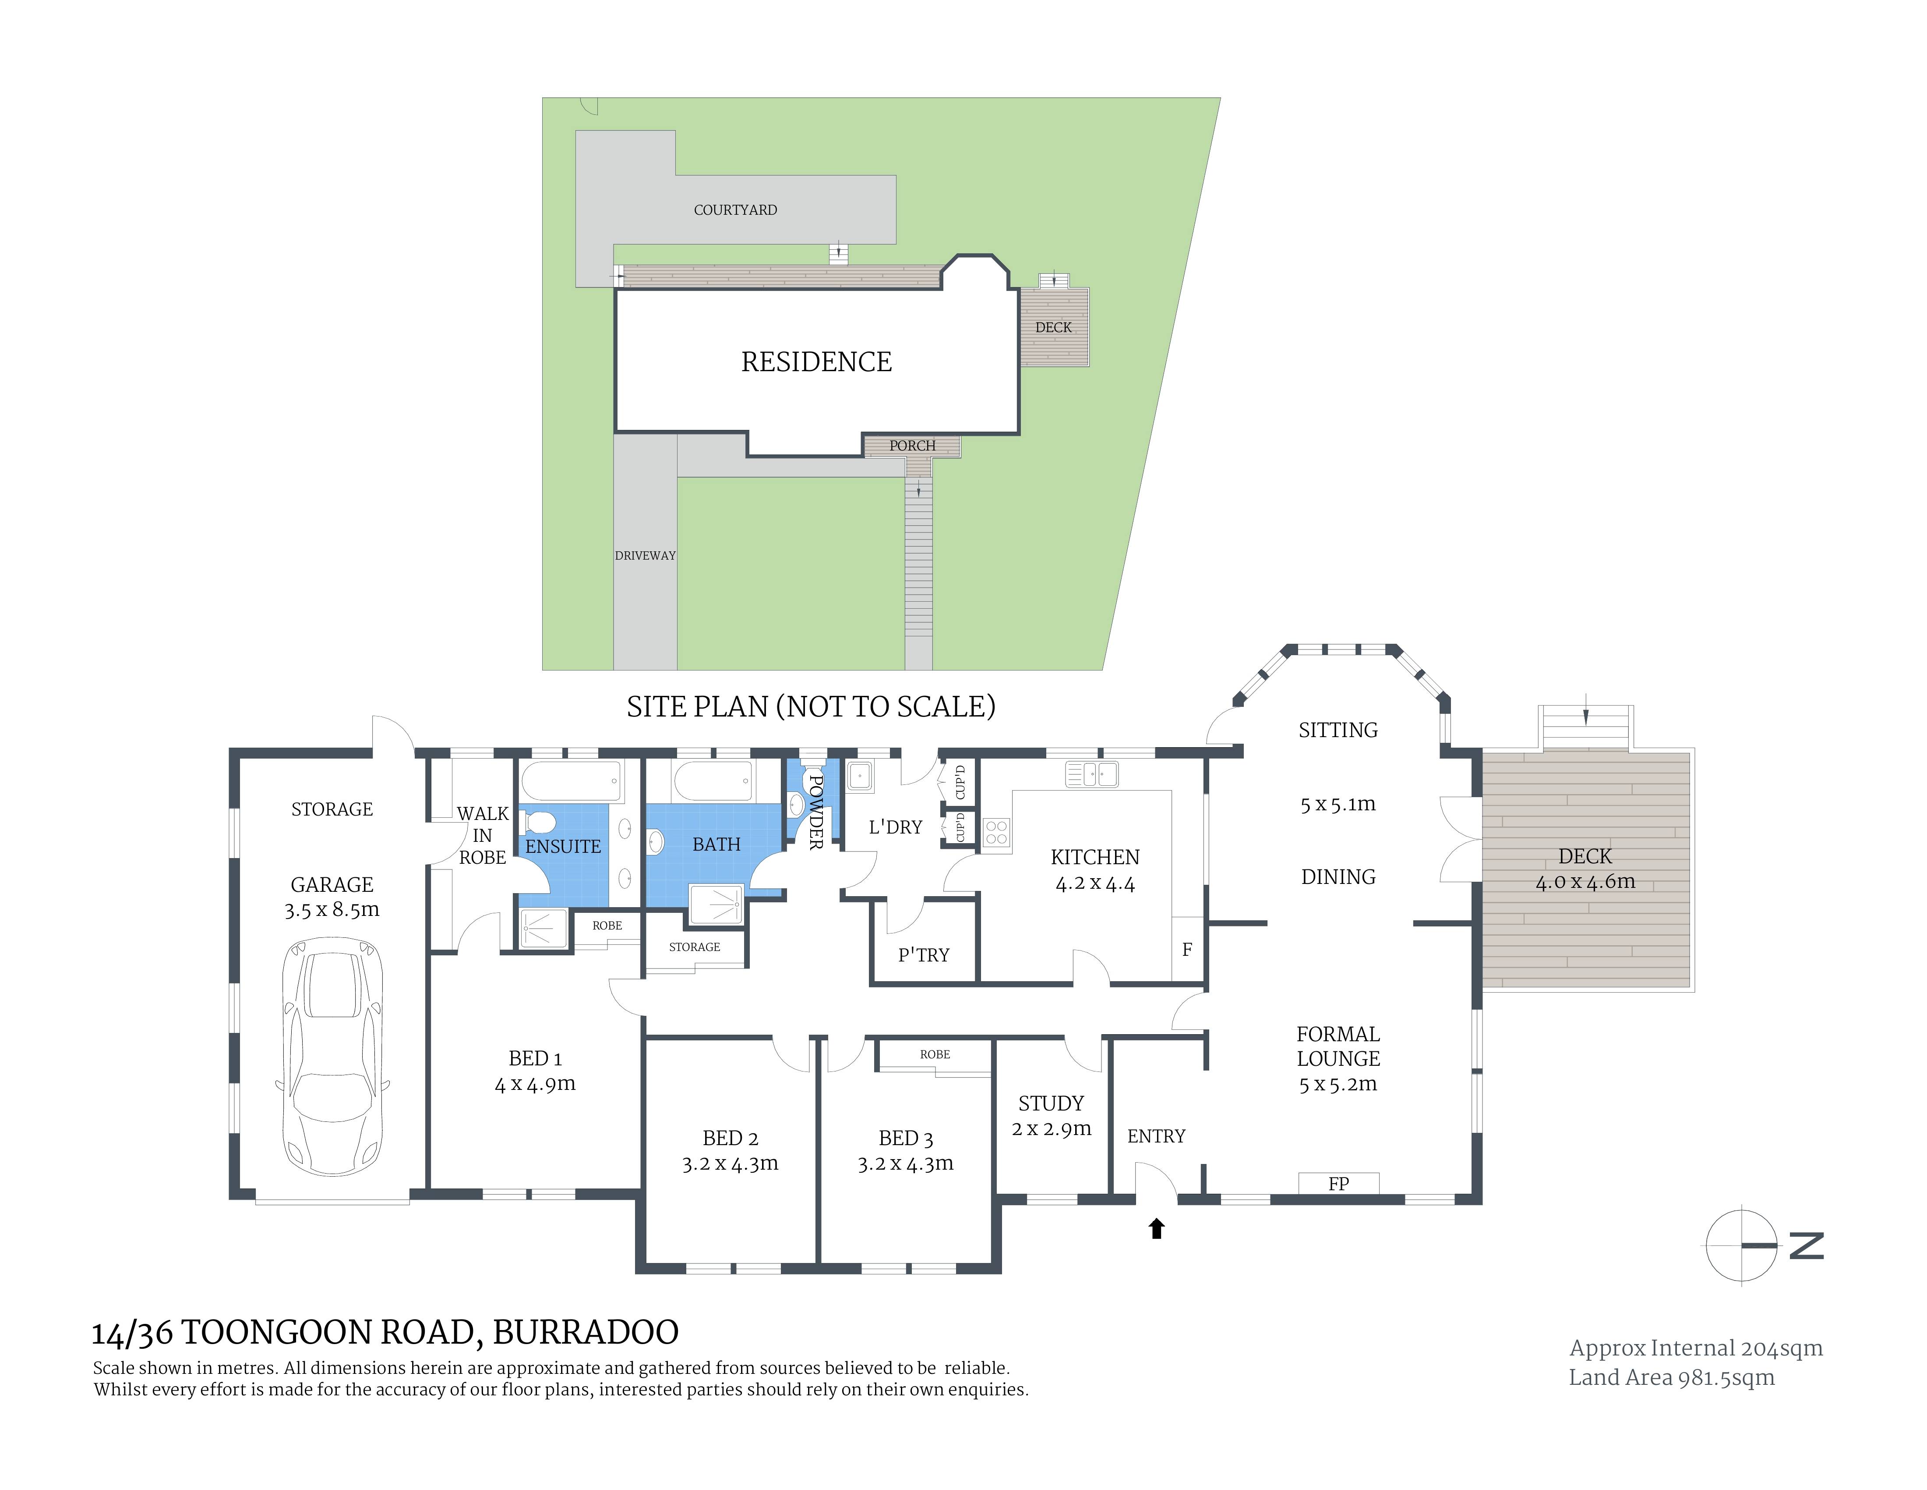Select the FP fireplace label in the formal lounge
[x=1338, y=1184]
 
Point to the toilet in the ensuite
[x=536, y=823]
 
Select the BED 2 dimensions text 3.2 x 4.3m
[x=730, y=1164]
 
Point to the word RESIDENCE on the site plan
[x=816, y=362]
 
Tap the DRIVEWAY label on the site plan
[x=645, y=555]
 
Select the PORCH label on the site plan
[x=912, y=446]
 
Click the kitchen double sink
[x=1091, y=774]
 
